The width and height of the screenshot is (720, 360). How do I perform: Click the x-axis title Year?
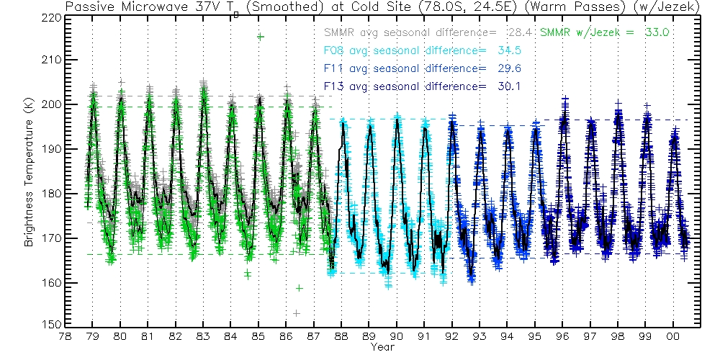tap(382, 348)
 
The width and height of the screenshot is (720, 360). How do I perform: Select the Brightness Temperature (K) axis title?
tap(30, 170)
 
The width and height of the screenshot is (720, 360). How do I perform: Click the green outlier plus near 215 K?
tap(260, 37)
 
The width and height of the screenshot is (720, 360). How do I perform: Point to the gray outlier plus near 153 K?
tap(296, 312)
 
